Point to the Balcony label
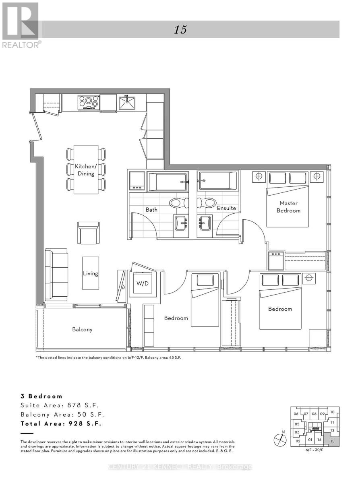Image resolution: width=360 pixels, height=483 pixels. [82, 329]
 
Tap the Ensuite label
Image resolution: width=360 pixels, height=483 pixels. [226, 208]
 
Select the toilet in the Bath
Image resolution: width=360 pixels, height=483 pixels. [176, 203]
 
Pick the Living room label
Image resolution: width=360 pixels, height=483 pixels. [90, 274]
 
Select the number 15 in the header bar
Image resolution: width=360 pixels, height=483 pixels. [180, 30]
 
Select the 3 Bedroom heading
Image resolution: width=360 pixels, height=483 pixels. [42, 396]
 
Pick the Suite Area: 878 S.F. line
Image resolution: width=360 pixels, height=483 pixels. [59, 405]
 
